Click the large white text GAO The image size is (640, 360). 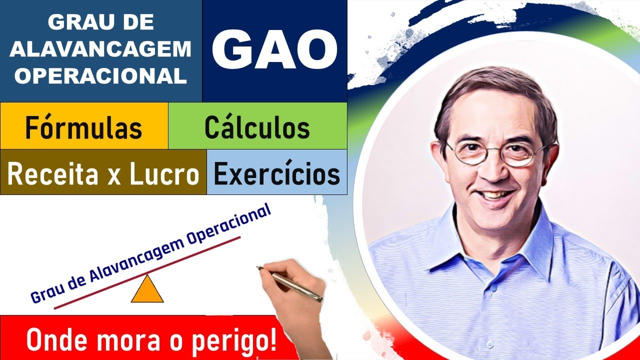coord(274,49)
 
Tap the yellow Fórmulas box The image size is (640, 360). coord(84,127)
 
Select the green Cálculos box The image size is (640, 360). coord(257,127)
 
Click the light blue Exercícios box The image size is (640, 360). coord(276,173)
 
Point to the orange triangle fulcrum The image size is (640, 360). coord(147,291)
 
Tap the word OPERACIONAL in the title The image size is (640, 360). coord(101,75)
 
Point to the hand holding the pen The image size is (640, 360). coord(295,300)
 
